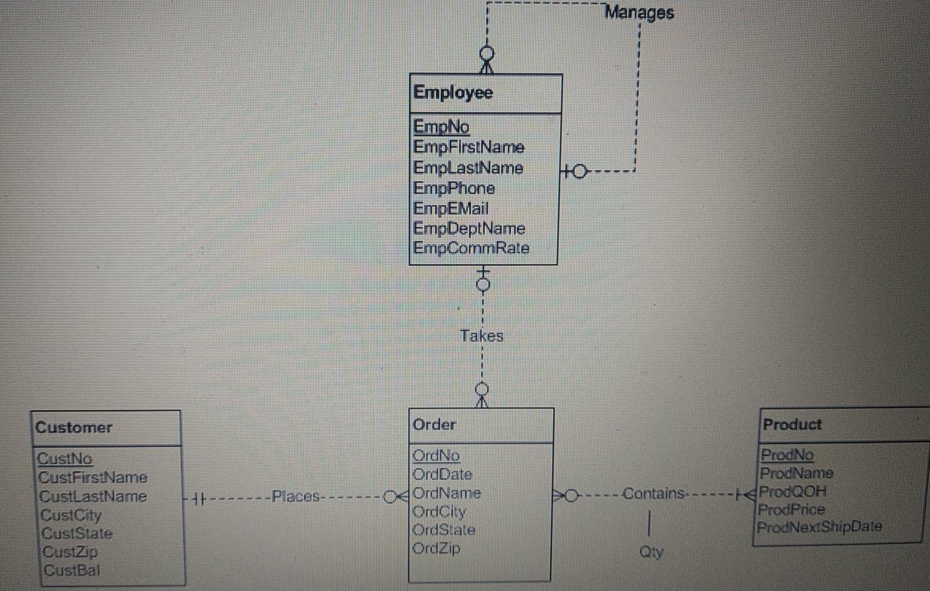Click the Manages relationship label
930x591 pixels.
click(x=639, y=13)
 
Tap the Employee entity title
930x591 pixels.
click(x=453, y=92)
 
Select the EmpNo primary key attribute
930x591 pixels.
click(x=441, y=127)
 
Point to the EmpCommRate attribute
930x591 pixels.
click(x=471, y=248)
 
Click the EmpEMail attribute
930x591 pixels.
click(x=450, y=208)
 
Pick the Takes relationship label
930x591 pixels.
click(x=481, y=335)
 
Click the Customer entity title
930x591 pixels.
click(x=73, y=427)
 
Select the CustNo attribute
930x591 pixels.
click(x=65, y=459)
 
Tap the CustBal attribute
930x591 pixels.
click(x=72, y=570)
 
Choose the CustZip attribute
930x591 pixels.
click(x=70, y=552)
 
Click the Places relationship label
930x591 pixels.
click(x=296, y=497)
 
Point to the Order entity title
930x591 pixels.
click(x=434, y=425)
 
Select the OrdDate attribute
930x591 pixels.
click(x=441, y=474)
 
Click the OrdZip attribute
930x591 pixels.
click(x=436, y=548)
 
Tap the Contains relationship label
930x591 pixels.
click(x=653, y=494)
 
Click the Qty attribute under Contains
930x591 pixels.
click(x=651, y=552)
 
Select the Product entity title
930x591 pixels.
click(x=792, y=424)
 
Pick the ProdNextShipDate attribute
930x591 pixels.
click(x=819, y=527)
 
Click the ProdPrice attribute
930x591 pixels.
click(x=791, y=509)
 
